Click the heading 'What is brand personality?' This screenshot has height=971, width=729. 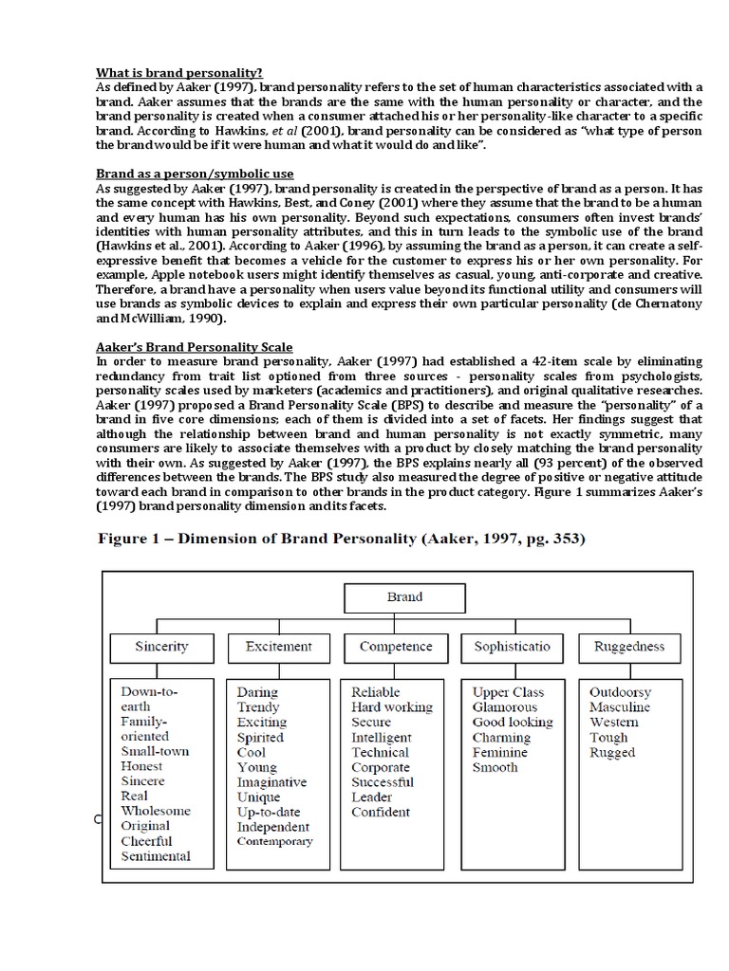(x=179, y=72)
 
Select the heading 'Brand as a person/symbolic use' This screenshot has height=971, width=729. (x=196, y=174)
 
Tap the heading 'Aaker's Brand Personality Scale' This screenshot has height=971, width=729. (x=195, y=347)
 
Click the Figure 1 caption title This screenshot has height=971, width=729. (x=343, y=540)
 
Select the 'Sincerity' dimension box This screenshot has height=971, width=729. (x=161, y=647)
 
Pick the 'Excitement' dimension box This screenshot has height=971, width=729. (x=279, y=647)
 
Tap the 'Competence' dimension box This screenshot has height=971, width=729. (x=397, y=647)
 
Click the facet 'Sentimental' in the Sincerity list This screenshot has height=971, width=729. (x=156, y=856)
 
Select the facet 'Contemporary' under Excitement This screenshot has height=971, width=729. (x=274, y=842)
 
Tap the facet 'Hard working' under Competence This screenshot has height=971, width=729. (x=391, y=707)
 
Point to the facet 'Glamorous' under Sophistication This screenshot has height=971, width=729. (x=504, y=707)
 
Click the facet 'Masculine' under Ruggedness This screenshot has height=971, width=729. (x=620, y=707)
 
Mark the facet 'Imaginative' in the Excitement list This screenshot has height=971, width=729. (x=271, y=782)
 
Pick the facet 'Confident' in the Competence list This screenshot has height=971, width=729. (x=381, y=812)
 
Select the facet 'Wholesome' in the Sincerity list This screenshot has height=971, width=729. (x=156, y=812)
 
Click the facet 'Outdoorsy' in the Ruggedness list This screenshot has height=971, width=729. (x=621, y=692)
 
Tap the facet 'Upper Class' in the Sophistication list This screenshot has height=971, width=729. (x=509, y=692)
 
